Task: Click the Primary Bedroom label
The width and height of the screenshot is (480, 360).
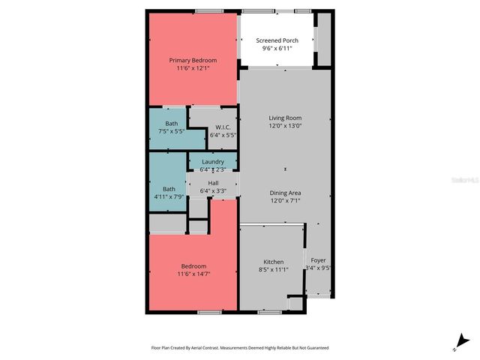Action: pyautogui.click(x=193, y=60)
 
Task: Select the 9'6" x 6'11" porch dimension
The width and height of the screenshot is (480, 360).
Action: pyautogui.click(x=277, y=49)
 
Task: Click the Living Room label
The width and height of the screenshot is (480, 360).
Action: pyautogui.click(x=285, y=118)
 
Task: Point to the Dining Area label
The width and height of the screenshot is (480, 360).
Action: pyautogui.click(x=285, y=193)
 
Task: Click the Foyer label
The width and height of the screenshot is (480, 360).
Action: pyautogui.click(x=318, y=259)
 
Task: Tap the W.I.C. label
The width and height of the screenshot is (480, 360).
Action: pyautogui.click(x=222, y=127)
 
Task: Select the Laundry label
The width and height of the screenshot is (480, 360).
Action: pyautogui.click(x=212, y=161)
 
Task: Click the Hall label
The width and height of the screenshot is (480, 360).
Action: pyautogui.click(x=212, y=183)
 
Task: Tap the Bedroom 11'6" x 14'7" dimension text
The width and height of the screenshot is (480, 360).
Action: pyautogui.click(x=193, y=274)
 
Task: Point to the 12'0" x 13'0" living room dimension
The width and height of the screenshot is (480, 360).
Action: pyautogui.click(x=285, y=126)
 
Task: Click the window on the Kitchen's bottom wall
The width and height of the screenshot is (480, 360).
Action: pyautogui.click(x=269, y=311)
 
